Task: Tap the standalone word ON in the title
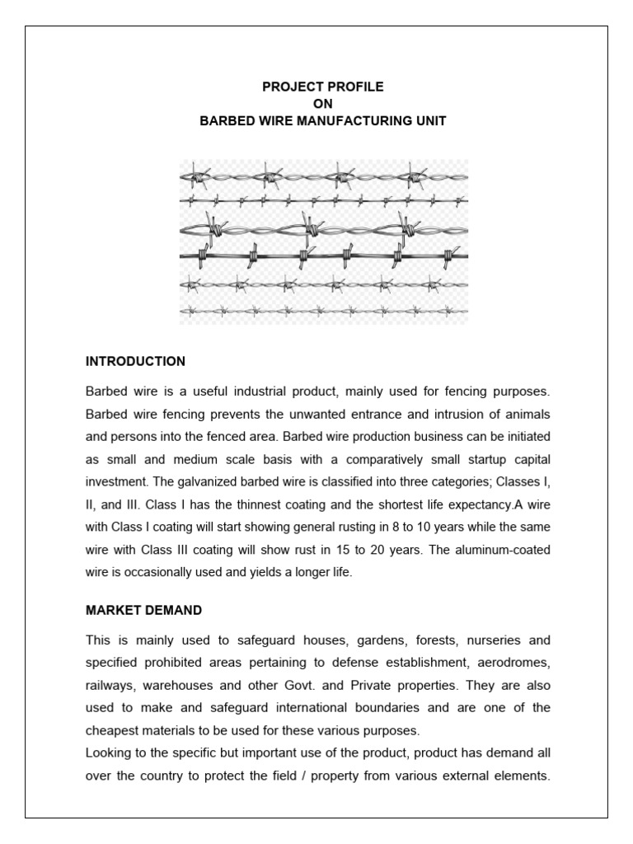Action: pyautogui.click(x=323, y=103)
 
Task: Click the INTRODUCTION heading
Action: pyautogui.click(x=135, y=361)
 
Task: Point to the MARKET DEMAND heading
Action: pyautogui.click(x=144, y=610)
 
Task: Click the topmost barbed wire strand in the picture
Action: pyautogui.click(x=323, y=176)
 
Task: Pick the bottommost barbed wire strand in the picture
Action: pyautogui.click(x=323, y=310)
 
